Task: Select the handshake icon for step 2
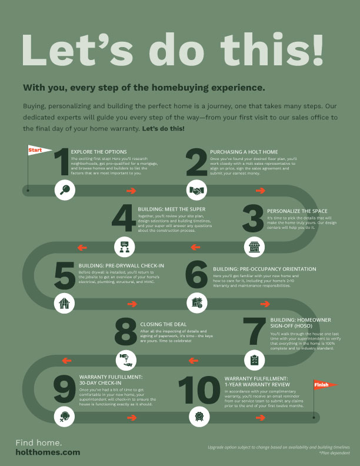(196, 190)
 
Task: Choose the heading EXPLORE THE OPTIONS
(98, 151)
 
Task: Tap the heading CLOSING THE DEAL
(164, 324)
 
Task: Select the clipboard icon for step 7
(254, 359)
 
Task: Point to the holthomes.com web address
(48, 452)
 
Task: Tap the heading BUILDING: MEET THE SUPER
(171, 208)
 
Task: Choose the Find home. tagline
(39, 442)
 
